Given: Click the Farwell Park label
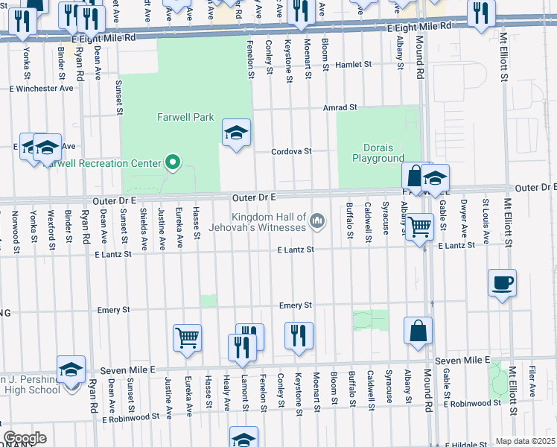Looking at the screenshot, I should [185, 117].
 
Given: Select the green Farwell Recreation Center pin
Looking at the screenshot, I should [174, 162].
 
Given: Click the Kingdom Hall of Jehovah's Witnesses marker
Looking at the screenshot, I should [318, 220].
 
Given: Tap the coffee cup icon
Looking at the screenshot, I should [502, 284].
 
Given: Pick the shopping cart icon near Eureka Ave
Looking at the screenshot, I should [187, 337].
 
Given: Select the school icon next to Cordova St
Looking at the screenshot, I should [237, 133].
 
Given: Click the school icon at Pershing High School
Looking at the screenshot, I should [71, 370].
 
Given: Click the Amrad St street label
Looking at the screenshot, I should [340, 107].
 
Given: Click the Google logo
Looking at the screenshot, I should [25, 438].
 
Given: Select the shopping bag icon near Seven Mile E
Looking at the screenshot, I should [418, 330].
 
